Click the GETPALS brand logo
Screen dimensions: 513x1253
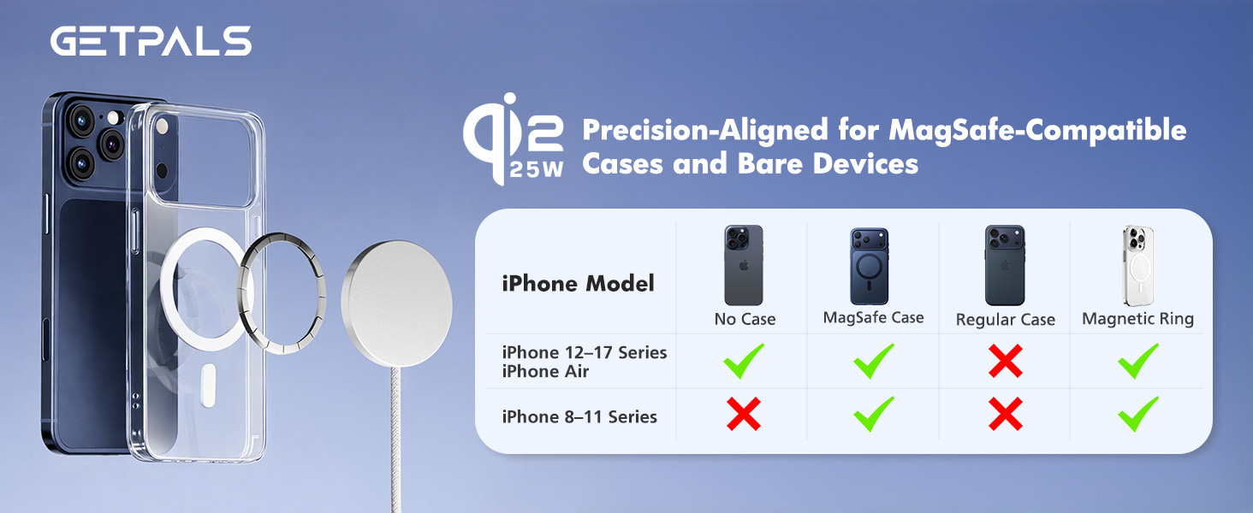tap(151, 40)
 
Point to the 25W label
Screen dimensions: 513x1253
tap(537, 169)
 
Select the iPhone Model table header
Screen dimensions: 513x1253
tap(578, 283)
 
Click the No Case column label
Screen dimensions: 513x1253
tap(745, 320)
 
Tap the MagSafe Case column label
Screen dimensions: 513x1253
tap(873, 318)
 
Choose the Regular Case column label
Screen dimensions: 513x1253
tap(1005, 320)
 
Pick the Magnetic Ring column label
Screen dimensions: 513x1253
tap(1137, 319)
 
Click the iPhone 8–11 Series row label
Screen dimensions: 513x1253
tap(579, 417)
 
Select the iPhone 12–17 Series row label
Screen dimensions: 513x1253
tap(585, 352)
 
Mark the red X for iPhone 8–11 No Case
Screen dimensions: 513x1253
tap(744, 416)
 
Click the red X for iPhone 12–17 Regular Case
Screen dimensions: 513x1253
tap(1005, 361)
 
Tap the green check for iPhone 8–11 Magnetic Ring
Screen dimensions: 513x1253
tap(1137, 415)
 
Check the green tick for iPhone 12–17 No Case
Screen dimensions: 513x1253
tap(744, 361)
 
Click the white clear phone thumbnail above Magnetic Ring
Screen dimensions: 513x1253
tap(1137, 265)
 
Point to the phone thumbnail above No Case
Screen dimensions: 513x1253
tap(744, 265)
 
